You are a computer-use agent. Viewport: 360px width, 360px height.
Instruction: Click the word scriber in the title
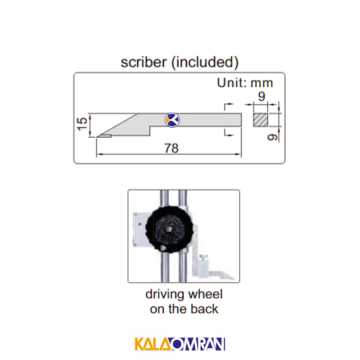pyautogui.click(x=144, y=62)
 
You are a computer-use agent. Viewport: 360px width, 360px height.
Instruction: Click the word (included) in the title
pyautogui.click(x=205, y=63)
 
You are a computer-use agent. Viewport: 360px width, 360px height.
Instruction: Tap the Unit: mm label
pyautogui.click(x=245, y=83)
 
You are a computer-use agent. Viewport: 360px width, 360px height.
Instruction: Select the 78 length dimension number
pyautogui.click(x=171, y=148)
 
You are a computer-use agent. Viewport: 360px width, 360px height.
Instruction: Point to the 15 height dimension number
pyautogui.click(x=82, y=124)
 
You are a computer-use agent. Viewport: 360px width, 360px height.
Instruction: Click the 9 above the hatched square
pyautogui.click(x=262, y=96)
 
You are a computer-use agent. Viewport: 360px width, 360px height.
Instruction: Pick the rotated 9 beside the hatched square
pyautogui.click(x=273, y=137)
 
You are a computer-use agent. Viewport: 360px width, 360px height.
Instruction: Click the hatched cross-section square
pyautogui.click(x=261, y=120)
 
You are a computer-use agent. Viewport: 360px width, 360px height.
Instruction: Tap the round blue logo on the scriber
pyautogui.click(x=172, y=120)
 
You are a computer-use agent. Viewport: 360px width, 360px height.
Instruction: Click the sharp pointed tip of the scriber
pyautogui.click(x=97, y=137)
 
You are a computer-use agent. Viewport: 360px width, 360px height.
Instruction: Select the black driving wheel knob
pyautogui.click(x=170, y=229)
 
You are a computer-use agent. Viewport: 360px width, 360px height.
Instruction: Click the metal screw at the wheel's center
pyautogui.click(x=170, y=229)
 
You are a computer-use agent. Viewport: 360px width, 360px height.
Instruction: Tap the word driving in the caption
pyautogui.click(x=165, y=295)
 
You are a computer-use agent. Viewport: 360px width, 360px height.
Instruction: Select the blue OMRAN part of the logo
pyautogui.click(x=198, y=344)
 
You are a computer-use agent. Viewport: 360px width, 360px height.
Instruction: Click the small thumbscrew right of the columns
pyautogui.click(x=203, y=257)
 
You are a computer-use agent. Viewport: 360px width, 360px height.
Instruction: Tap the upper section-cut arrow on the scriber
pyautogui.click(x=229, y=107)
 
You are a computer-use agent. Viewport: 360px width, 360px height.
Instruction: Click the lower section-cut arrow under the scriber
pyautogui.click(x=229, y=132)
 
